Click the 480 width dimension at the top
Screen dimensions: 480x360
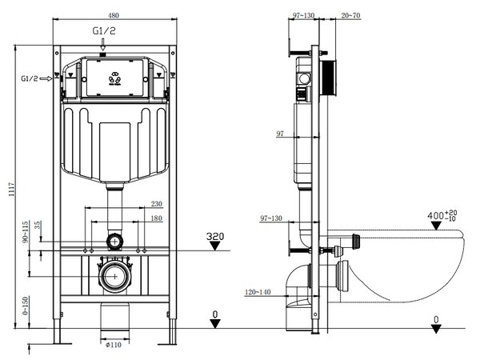pyautogui.click(x=114, y=15)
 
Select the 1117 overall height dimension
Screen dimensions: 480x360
pyautogui.click(x=11, y=189)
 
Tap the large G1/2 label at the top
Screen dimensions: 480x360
pyautogui.click(x=104, y=31)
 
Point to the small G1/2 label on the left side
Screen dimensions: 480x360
pyautogui.click(x=30, y=78)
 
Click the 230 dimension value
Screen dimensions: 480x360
pyautogui.click(x=157, y=204)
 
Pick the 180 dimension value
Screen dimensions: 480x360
pyautogui.click(x=157, y=218)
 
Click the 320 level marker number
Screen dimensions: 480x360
pyautogui.click(x=215, y=236)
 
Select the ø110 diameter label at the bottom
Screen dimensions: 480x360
pyautogui.click(x=114, y=345)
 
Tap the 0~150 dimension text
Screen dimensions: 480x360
pyautogui.click(x=25, y=306)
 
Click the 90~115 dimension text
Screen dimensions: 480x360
pyautogui.click(x=25, y=232)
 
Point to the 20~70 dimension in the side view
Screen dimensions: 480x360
pyautogui.click(x=351, y=15)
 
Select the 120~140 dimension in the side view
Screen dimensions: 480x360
pyautogui.click(x=258, y=292)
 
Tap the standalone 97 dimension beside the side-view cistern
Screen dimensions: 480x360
pyautogui.click(x=280, y=134)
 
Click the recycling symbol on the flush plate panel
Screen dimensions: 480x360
pyautogui.click(x=114, y=79)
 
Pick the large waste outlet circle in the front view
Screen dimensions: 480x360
pyautogui.click(x=114, y=276)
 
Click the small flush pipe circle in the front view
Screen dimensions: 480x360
pyautogui.click(x=114, y=242)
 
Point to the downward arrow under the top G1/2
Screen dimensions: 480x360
pyautogui.click(x=103, y=44)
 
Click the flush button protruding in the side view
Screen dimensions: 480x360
pyautogui.click(x=328, y=78)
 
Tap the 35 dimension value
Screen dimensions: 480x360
pyautogui.click(x=38, y=226)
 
